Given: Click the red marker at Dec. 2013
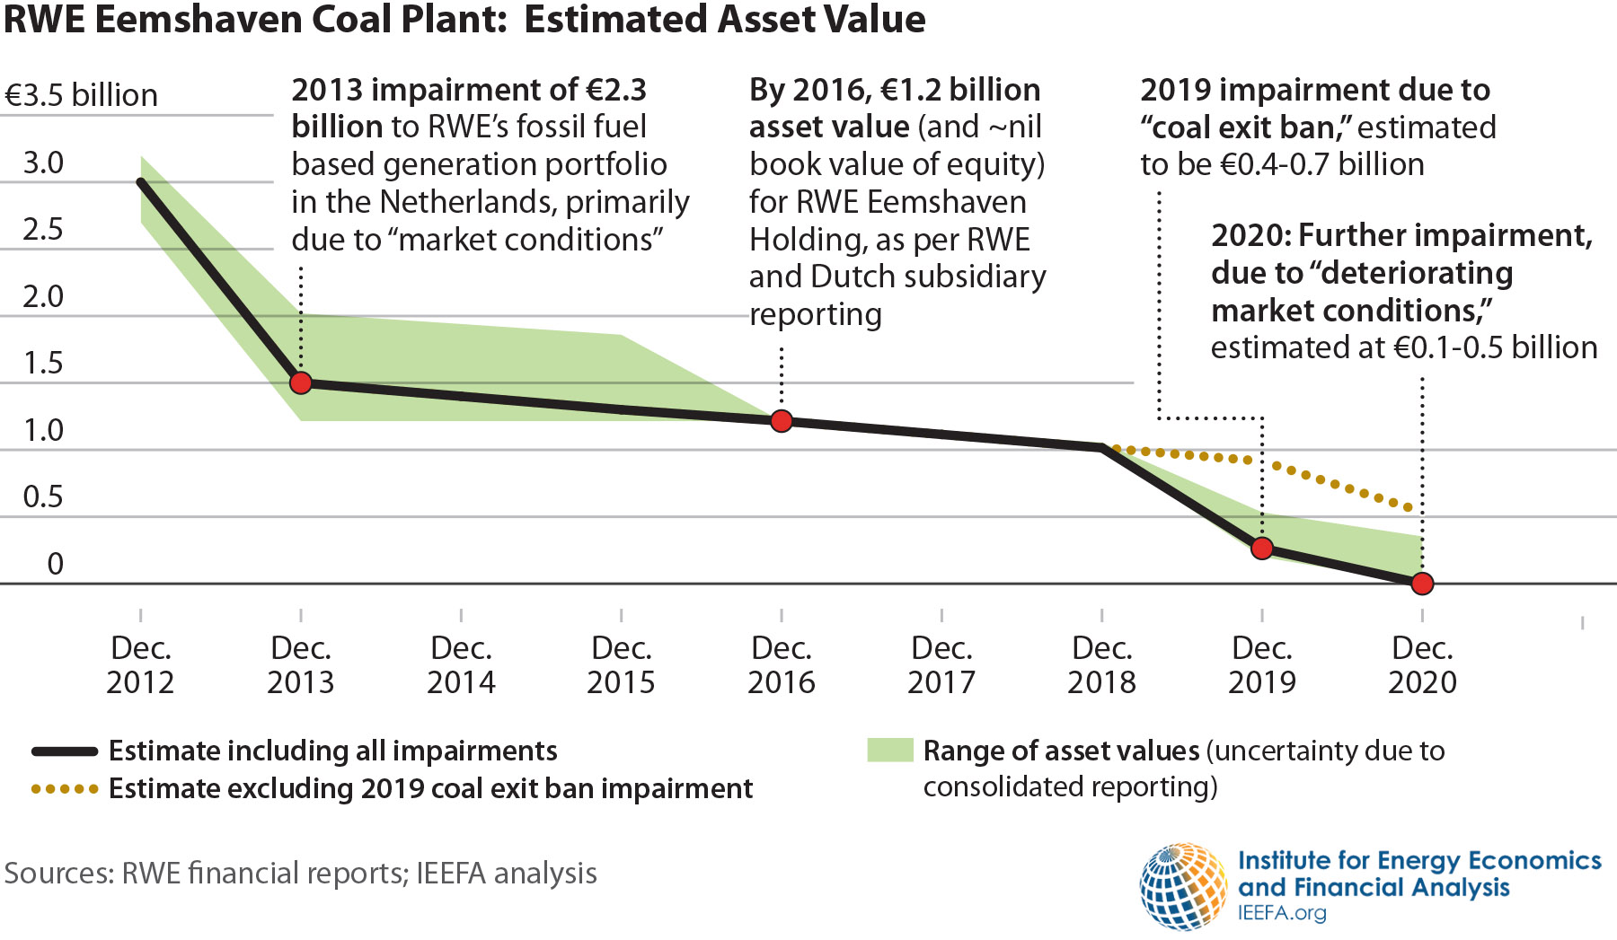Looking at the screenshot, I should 301,383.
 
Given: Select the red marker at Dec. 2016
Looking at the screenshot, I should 782,421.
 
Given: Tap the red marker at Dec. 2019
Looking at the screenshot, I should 1262,548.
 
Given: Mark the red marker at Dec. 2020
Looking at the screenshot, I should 1422,584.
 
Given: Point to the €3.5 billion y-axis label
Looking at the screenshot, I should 81,95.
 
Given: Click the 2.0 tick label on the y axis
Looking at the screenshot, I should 43,296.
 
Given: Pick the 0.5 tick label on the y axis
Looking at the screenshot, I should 43,496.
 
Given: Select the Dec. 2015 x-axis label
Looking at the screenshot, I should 621,665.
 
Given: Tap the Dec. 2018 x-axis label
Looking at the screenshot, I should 1101,665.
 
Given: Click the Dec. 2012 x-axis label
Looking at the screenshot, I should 140,665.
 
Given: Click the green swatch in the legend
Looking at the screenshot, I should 889,751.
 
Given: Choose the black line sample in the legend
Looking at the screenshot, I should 64,751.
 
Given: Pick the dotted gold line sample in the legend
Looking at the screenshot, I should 64,789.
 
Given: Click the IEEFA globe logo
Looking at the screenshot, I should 1183,887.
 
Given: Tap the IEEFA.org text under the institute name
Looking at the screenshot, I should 1282,914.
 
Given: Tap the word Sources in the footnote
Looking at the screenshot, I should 57,873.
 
